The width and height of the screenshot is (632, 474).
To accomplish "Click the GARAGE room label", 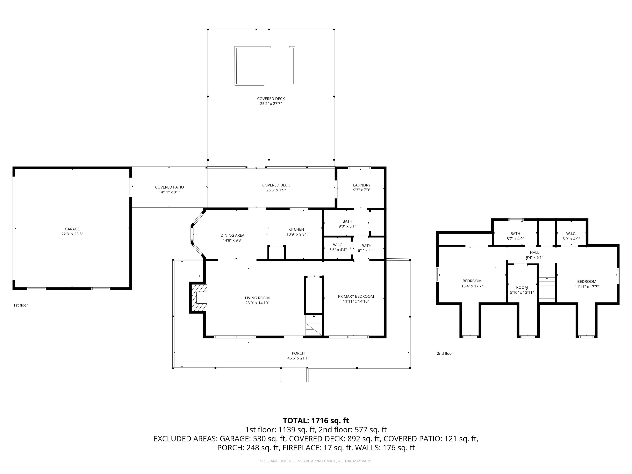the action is (x=72, y=229).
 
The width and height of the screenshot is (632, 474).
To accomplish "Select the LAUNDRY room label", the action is (x=361, y=185).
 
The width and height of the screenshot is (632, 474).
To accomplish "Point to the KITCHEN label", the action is (x=296, y=229).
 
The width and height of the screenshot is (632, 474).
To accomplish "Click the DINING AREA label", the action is (x=232, y=235).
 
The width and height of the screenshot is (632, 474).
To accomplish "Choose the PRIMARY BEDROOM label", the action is (x=356, y=296).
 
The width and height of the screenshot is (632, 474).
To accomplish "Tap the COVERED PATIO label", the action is (x=170, y=187).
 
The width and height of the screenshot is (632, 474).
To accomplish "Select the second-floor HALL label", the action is (x=534, y=253).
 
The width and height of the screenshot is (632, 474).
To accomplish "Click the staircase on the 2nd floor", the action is (x=547, y=290).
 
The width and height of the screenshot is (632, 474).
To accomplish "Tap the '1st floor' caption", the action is (x=21, y=305).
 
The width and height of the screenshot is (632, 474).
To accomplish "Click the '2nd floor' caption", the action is (x=445, y=353).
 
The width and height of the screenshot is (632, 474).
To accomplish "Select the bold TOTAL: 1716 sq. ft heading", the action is (x=316, y=421).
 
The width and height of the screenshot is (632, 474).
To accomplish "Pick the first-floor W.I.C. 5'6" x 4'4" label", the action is (x=338, y=247).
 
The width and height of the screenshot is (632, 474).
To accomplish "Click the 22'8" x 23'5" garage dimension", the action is (x=72, y=234).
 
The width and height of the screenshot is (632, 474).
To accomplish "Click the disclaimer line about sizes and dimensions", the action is (x=316, y=461).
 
